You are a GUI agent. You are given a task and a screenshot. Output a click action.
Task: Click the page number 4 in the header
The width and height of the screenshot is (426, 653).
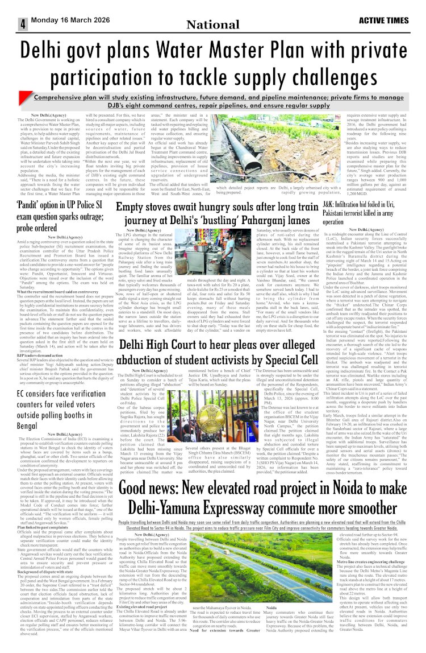[x=23, y=24]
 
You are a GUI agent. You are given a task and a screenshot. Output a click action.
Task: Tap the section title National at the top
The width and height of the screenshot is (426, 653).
[x=212, y=24]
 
